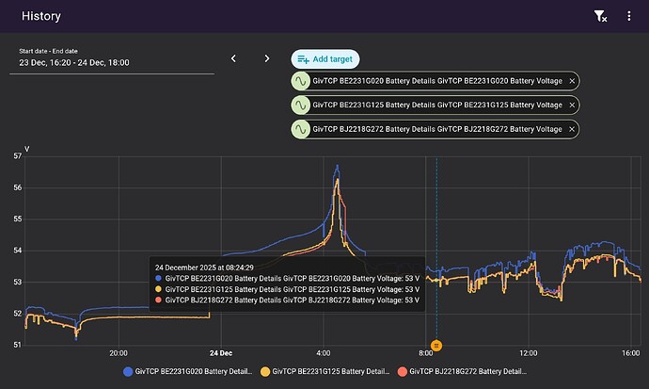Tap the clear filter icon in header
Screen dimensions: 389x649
click(x=600, y=16)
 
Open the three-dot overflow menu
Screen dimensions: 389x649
click(x=629, y=16)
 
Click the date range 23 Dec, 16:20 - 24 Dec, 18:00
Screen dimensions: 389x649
click(x=75, y=62)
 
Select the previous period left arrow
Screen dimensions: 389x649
click(x=233, y=58)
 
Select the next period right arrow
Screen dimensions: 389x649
click(x=267, y=58)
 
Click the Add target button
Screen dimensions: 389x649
click(x=324, y=58)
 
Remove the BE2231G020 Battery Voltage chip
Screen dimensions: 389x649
click(x=572, y=82)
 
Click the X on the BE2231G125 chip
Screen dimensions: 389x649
click(x=572, y=105)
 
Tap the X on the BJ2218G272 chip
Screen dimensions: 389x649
click(x=572, y=129)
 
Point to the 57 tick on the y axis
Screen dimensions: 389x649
click(x=17, y=156)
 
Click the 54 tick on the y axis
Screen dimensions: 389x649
click(x=17, y=251)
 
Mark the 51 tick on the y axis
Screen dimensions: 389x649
click(x=17, y=345)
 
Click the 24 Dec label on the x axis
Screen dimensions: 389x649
click(x=221, y=354)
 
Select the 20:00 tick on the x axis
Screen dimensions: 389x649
click(x=119, y=354)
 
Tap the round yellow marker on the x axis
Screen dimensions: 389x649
click(x=436, y=346)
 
